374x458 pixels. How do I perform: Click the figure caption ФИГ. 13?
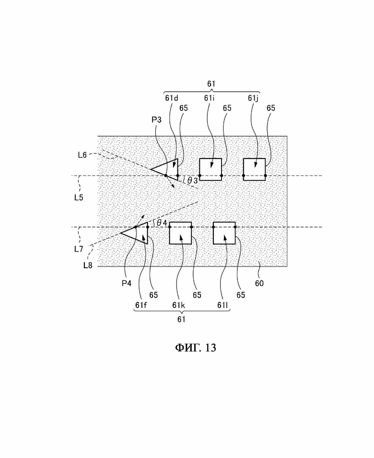196,348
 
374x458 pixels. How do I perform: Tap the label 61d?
172,98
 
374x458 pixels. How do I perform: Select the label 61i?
209,98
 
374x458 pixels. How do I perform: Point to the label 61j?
253,98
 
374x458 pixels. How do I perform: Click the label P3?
156,120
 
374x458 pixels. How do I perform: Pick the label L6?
82,155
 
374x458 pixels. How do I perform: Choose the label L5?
79,197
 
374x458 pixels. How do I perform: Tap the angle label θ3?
192,181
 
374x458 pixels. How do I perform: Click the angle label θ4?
162,223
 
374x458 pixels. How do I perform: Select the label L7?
79,249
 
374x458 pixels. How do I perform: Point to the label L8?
88,265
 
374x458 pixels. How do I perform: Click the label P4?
127,283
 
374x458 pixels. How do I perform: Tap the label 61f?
141,305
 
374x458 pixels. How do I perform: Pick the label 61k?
178,305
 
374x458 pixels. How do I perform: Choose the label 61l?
222,305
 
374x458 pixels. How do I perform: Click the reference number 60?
259,283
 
